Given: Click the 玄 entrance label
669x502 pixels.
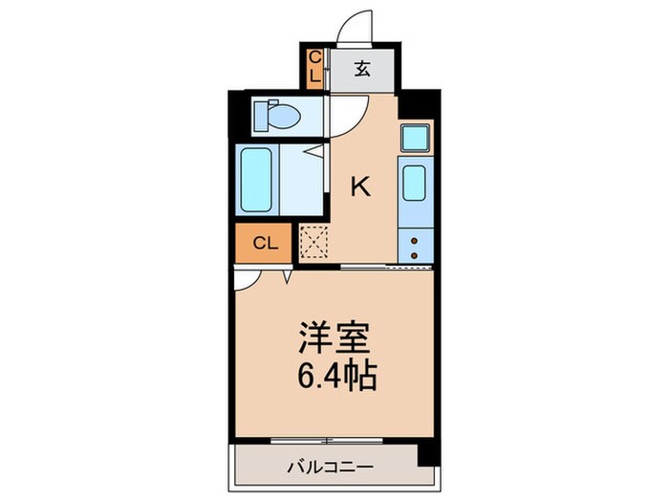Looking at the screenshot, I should pyautogui.click(x=363, y=68).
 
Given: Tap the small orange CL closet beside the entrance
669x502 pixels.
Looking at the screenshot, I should pyautogui.click(x=313, y=67).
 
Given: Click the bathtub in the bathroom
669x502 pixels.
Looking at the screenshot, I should pyautogui.click(x=256, y=180).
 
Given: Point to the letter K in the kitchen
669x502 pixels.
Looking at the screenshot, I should pyautogui.click(x=361, y=186).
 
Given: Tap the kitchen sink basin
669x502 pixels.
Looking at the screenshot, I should pyautogui.click(x=417, y=183).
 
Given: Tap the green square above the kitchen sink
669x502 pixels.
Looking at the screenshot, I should pyautogui.click(x=415, y=139).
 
